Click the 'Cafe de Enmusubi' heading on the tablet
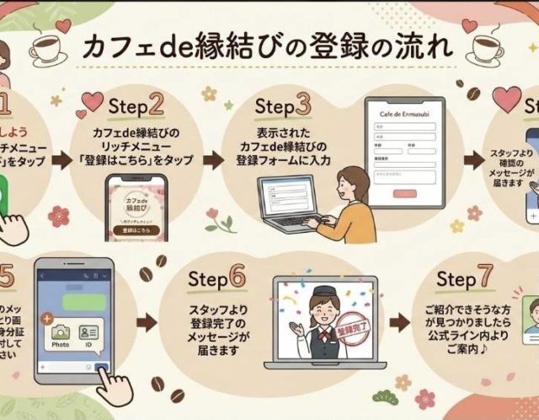click(x=406, y=113)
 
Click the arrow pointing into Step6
click(x=146, y=321)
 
